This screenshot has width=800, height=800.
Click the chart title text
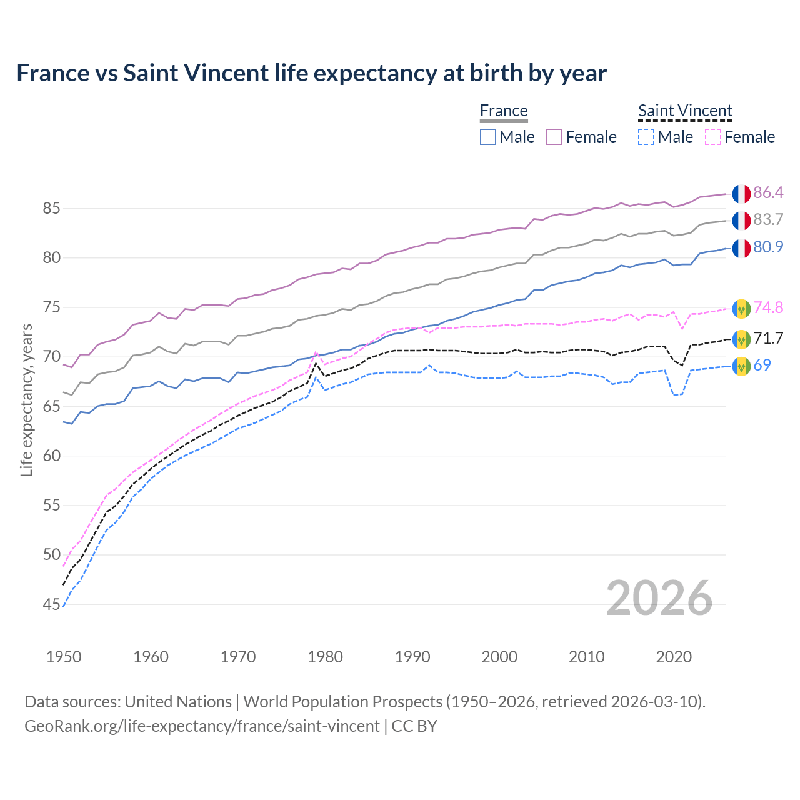pos(311,73)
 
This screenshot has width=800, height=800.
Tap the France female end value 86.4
pos(768,192)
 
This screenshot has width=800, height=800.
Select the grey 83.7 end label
pos(768,219)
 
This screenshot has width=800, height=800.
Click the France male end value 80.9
pos(768,247)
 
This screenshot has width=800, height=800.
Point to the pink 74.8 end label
pos(768,307)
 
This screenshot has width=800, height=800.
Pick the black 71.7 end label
pos(768,338)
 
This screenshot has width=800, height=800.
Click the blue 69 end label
pos(762,365)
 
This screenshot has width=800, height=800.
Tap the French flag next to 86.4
pos(741,194)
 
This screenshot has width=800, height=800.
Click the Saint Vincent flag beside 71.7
pos(741,339)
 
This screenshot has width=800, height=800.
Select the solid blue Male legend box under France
pos(488,137)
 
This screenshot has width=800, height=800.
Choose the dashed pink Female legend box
pos(713,137)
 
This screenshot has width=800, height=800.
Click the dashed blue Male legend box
pos(646,137)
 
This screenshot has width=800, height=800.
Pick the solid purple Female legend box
pos(554,137)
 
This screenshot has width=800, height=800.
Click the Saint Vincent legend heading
pos(685,111)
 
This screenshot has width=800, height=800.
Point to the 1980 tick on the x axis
pos(326,657)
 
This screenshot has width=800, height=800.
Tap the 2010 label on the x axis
pos(586,657)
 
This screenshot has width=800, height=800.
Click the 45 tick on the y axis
pos(51,604)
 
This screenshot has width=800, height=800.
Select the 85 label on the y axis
pos(51,209)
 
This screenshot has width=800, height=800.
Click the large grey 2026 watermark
pos(659,598)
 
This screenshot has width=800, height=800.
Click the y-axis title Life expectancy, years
pos(27,400)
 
